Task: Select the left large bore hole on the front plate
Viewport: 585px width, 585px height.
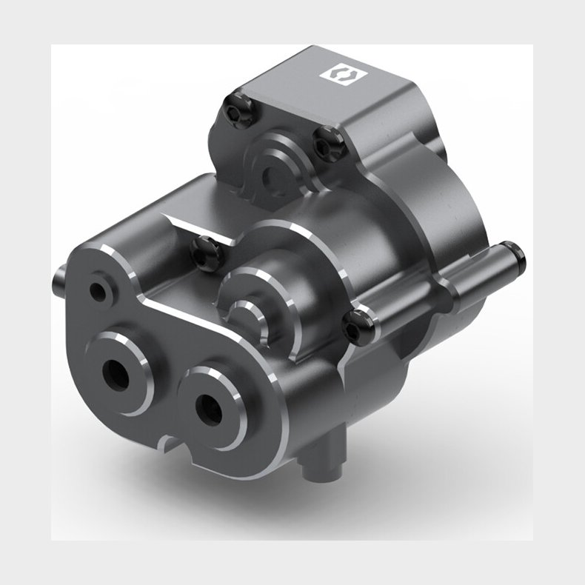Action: click(x=117, y=368)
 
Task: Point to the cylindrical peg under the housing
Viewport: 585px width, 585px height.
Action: click(x=324, y=461)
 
